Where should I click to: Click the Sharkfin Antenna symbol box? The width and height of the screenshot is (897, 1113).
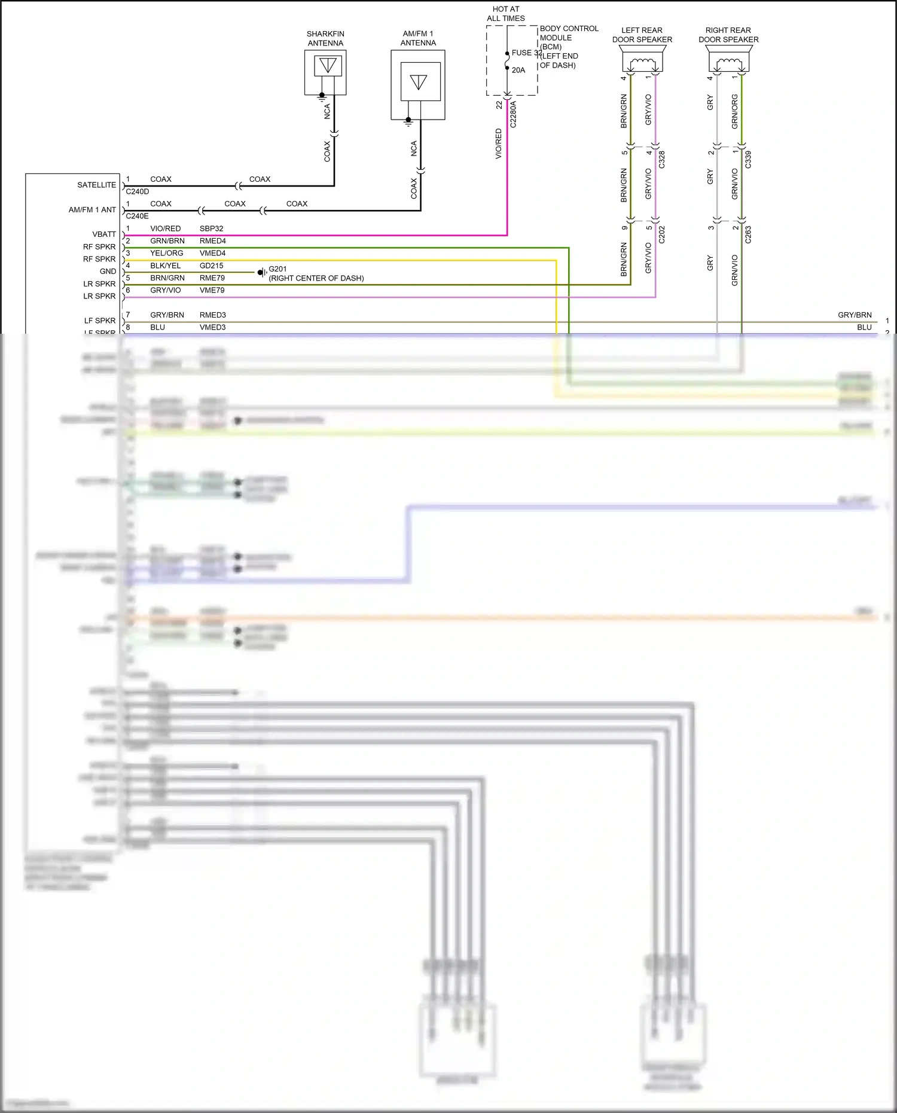coord(325,72)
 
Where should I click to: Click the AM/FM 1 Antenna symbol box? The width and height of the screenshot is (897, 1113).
coord(418,84)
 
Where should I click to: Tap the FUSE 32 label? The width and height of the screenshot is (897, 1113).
coord(526,53)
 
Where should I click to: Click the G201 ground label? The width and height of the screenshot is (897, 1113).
coord(277,269)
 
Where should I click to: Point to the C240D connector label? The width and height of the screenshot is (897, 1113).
coord(138,192)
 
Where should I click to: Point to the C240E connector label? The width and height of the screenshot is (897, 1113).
coord(138,216)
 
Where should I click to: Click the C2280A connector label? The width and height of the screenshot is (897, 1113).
coord(513,114)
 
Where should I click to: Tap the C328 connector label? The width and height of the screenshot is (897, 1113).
coord(662,160)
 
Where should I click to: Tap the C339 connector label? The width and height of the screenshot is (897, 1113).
coord(748,160)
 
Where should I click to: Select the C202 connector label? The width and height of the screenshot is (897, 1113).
coord(662,234)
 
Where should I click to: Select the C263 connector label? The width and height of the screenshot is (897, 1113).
coord(748,234)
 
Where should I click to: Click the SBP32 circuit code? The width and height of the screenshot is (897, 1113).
coord(211,228)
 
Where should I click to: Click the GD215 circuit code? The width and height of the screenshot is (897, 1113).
coord(211,266)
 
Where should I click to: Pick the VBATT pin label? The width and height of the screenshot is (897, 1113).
coord(104,234)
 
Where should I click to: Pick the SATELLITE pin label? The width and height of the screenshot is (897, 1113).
coord(96,185)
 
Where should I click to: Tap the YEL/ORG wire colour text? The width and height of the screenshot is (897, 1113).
coord(166,254)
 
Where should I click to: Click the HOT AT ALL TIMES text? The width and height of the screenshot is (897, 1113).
coord(506,14)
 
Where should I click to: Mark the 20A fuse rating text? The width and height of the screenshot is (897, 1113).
coord(518,71)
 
